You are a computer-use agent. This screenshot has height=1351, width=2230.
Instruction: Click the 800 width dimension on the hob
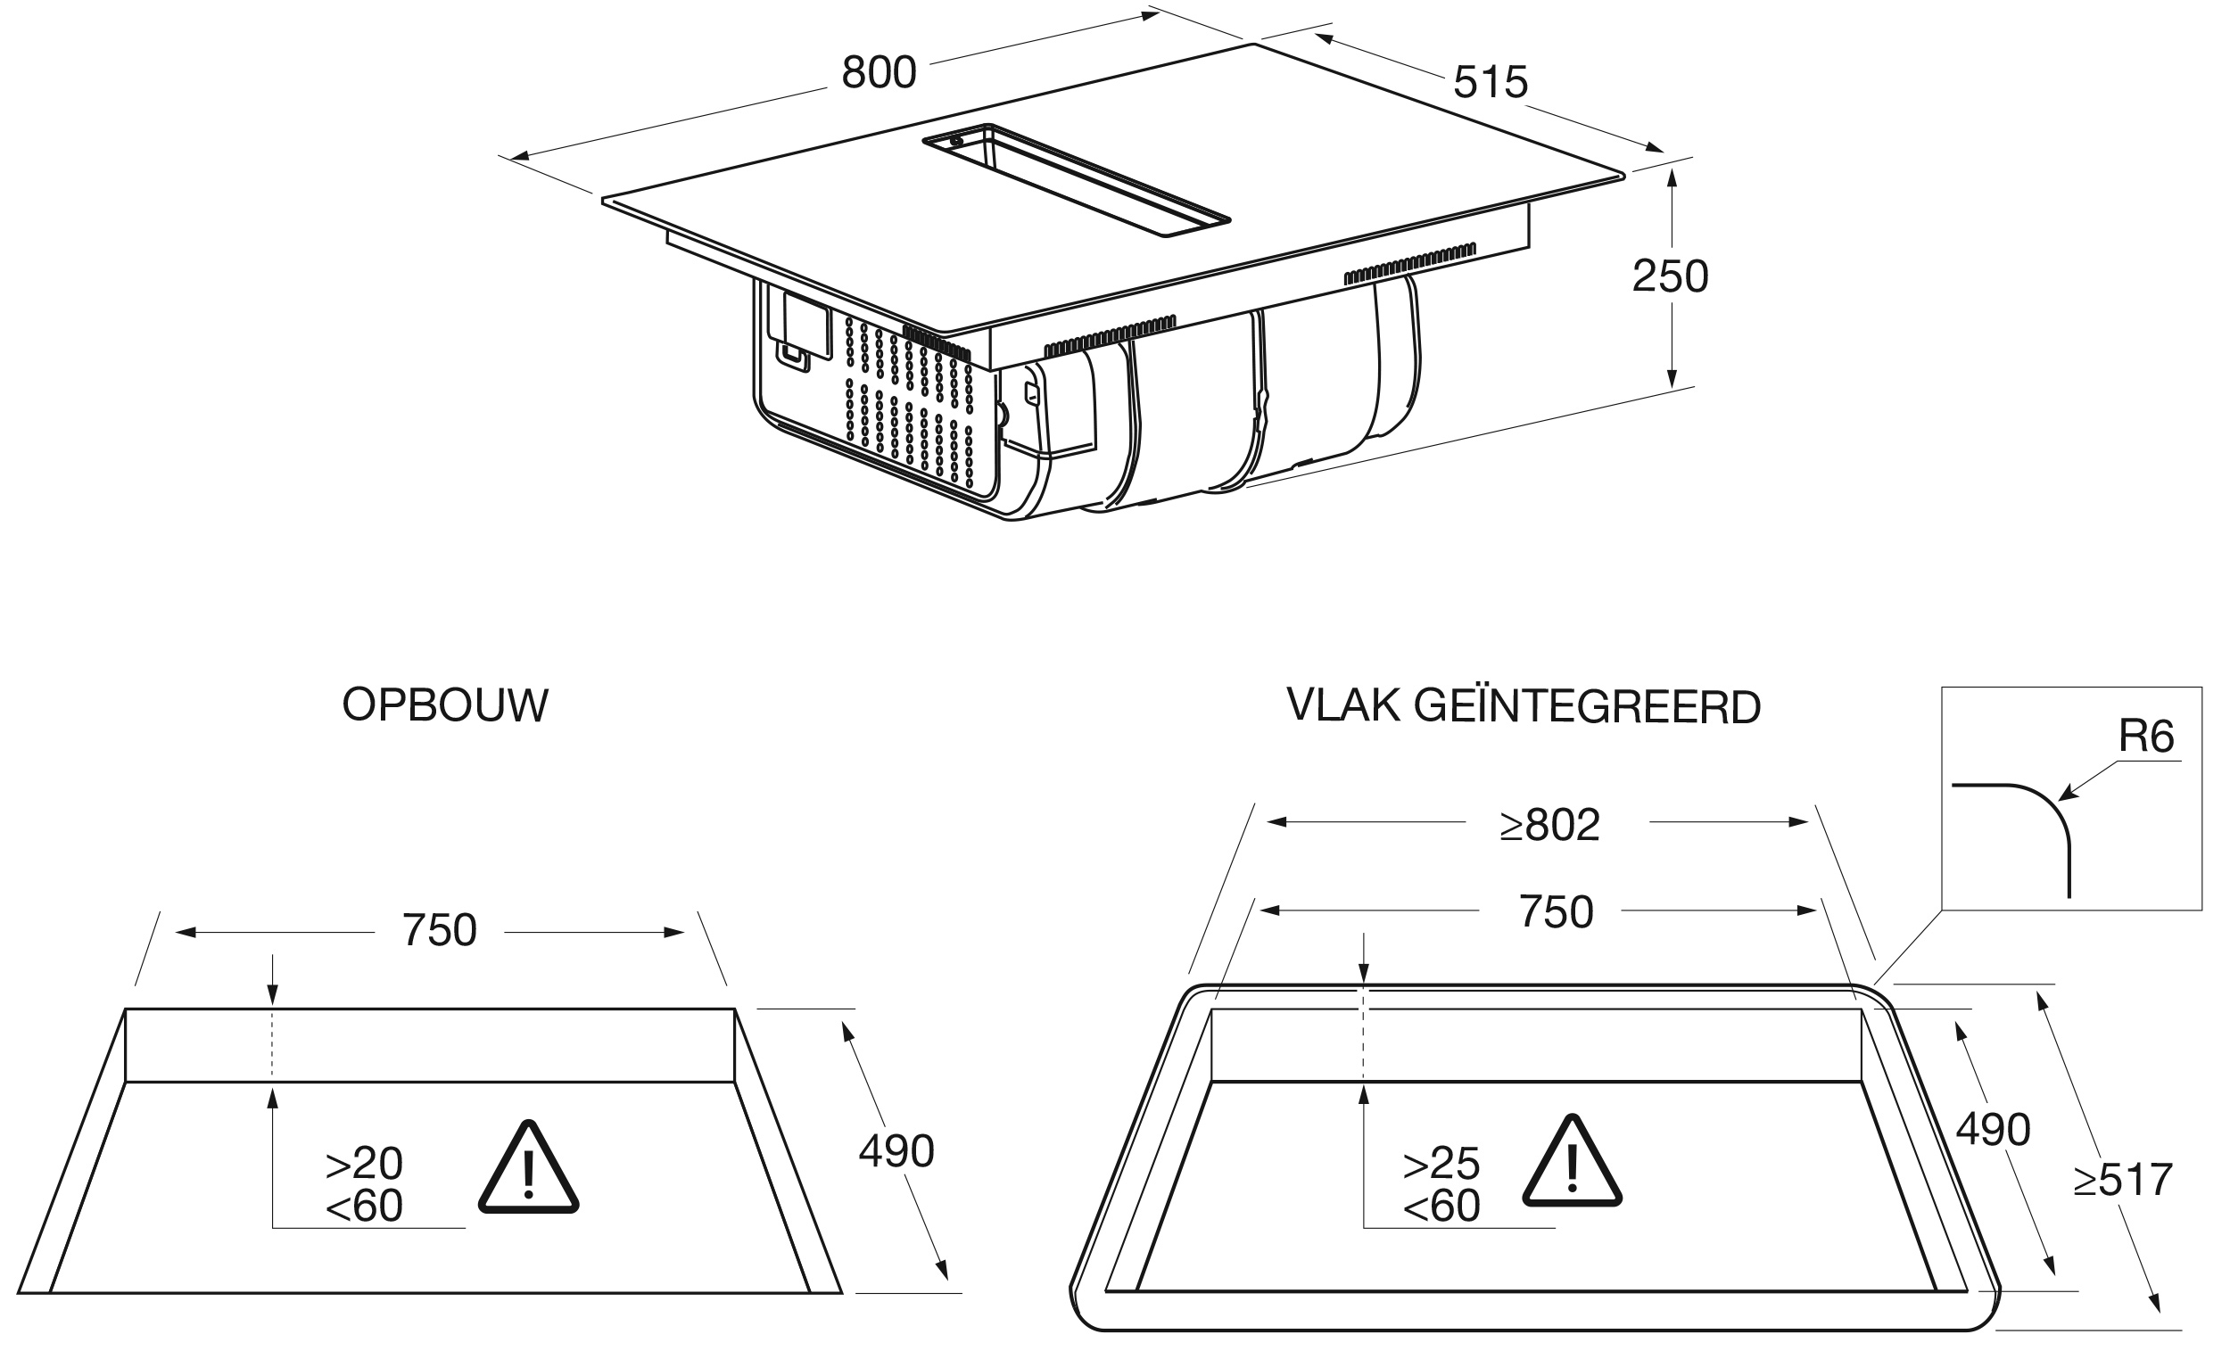click(879, 72)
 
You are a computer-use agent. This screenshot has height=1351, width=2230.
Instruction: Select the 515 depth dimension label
click(1491, 82)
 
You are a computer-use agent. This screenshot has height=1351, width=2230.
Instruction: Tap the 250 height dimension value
click(1670, 276)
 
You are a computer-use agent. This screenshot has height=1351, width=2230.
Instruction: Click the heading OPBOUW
click(445, 704)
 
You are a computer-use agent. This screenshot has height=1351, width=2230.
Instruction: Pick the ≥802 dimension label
click(1549, 824)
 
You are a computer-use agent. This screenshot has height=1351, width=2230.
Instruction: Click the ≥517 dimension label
click(2123, 1179)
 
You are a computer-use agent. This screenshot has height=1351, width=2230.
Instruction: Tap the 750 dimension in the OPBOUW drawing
click(439, 930)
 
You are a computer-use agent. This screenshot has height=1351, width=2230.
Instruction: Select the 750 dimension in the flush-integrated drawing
click(1556, 911)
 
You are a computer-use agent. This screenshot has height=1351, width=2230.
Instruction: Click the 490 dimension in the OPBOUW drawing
click(896, 1151)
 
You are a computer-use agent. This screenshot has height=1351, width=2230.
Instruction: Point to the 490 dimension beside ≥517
click(1993, 1129)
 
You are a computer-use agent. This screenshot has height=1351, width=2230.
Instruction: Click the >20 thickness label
click(364, 1164)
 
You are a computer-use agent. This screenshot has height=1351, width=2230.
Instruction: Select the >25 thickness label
click(1441, 1164)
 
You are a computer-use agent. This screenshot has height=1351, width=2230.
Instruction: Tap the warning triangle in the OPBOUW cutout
click(529, 1168)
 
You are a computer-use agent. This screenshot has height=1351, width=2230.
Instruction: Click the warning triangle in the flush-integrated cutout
click(1572, 1162)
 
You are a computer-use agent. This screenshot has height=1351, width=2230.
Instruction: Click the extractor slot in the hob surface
click(1076, 180)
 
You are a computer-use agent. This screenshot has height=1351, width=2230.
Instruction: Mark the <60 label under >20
click(364, 1206)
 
